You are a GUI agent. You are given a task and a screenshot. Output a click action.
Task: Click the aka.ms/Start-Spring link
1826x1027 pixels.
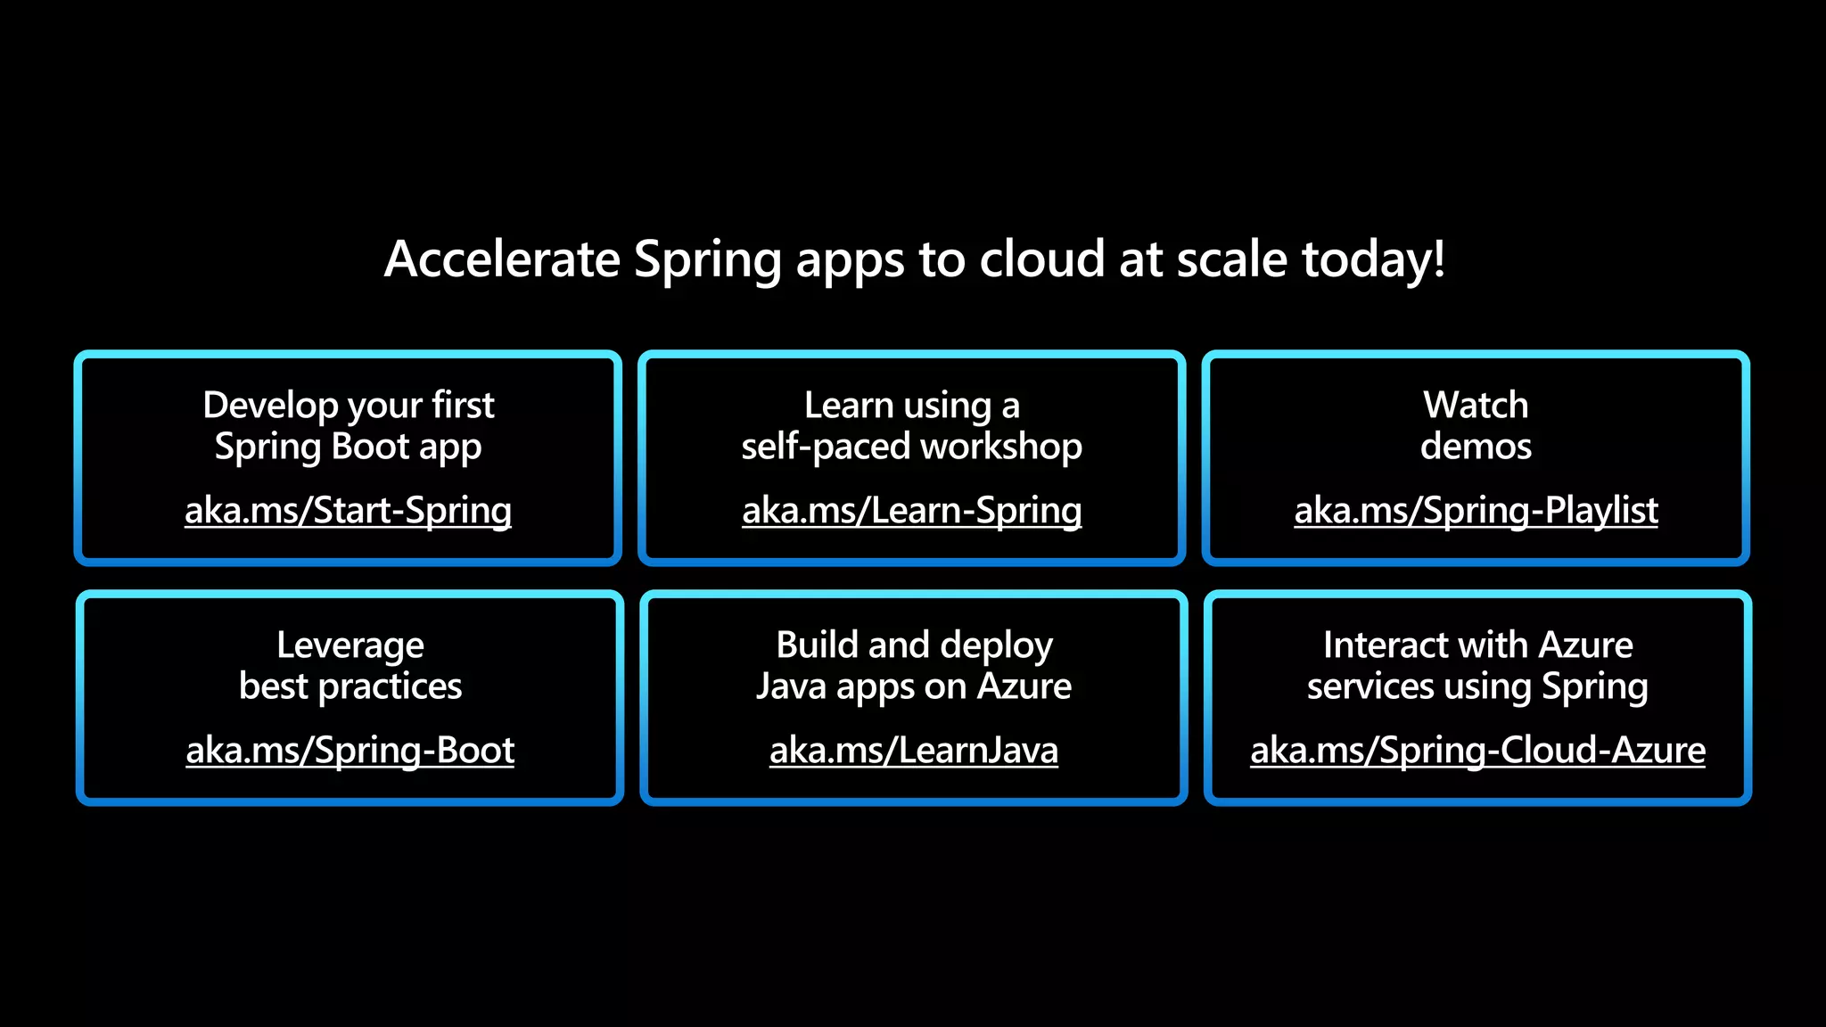pyautogui.click(x=348, y=511)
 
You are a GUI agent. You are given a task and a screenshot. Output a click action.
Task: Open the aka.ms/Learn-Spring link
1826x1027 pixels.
pyautogui.click(x=911, y=511)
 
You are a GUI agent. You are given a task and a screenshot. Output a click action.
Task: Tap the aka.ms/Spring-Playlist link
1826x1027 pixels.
pyautogui.click(x=1476, y=511)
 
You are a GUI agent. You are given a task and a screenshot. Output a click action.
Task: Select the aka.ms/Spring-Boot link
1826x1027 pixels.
pyautogui.click(x=350, y=751)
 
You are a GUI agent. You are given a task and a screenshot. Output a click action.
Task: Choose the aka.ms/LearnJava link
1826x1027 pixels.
pyautogui.click(x=913, y=751)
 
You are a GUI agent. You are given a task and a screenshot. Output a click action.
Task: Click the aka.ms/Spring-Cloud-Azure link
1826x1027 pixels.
pyautogui.click(x=1477, y=751)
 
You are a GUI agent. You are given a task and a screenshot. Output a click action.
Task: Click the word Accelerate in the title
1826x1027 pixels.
pyautogui.click(x=502, y=259)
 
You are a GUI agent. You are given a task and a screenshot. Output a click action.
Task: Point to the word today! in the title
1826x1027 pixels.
pyautogui.click(x=1373, y=259)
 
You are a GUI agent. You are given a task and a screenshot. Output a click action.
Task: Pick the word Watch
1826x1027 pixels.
pyautogui.click(x=1476, y=406)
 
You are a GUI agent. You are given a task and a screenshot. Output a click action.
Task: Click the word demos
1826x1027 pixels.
pyautogui.click(x=1476, y=446)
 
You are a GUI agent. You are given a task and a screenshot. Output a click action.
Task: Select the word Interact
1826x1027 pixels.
pyautogui.click(x=1378, y=645)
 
